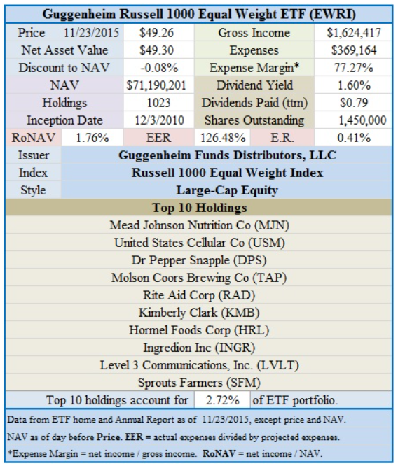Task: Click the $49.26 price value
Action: tap(156, 33)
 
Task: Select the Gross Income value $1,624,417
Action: tap(353, 33)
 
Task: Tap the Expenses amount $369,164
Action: tap(353, 50)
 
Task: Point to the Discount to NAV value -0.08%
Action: tap(159, 68)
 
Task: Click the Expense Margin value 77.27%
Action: tap(353, 68)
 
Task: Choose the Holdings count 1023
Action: tap(159, 103)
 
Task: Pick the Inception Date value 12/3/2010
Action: tap(159, 120)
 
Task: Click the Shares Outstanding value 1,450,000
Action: tap(362, 120)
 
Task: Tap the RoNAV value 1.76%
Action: tap(92, 138)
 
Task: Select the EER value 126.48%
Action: tap(223, 138)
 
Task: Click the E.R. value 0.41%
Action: tap(354, 138)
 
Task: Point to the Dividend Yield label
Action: tap(254, 85)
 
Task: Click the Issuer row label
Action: tap(33, 155)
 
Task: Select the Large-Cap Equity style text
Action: tap(227, 190)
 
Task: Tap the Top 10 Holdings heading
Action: tap(200, 208)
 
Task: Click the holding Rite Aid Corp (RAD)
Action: tap(199, 295)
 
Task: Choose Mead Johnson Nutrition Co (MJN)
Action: tap(200, 225)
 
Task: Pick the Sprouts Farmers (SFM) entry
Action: tap(199, 383)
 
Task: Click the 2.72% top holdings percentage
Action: tap(222, 400)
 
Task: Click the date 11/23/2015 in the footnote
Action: tap(225, 420)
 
